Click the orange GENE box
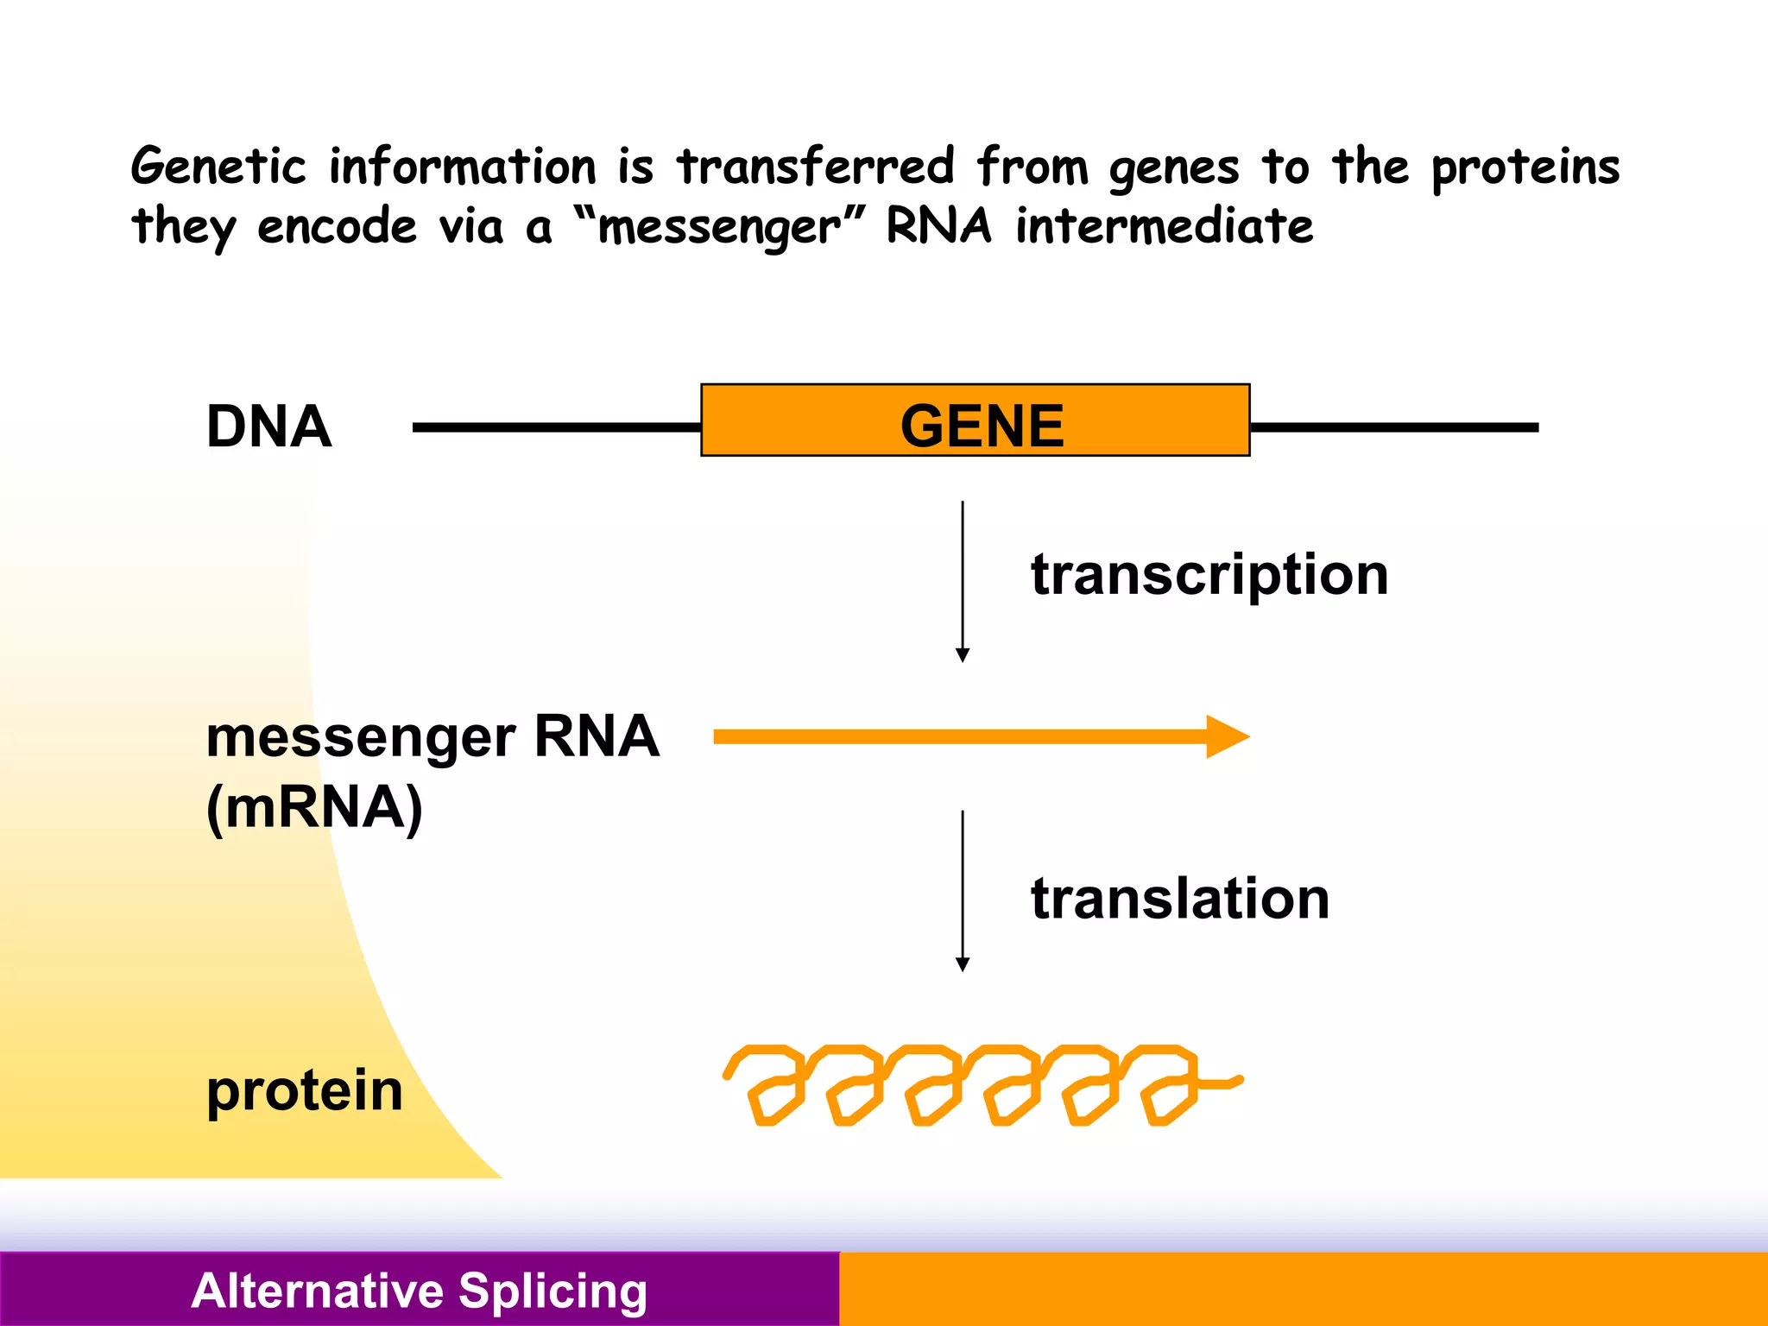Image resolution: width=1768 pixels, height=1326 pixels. (x=975, y=420)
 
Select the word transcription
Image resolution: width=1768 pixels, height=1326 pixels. (x=1209, y=575)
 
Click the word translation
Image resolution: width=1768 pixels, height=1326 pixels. (x=1179, y=899)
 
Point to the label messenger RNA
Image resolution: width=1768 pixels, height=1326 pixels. (x=432, y=737)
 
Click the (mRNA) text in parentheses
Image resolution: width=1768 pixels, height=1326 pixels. (x=314, y=808)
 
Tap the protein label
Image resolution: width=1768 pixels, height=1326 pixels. (x=304, y=1090)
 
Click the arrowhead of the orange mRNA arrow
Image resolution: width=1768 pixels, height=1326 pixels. (x=1226, y=736)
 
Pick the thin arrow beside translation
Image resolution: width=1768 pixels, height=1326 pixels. (x=963, y=889)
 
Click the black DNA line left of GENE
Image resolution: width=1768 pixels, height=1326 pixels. (x=557, y=427)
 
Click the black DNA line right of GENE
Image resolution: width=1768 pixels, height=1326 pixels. (x=1393, y=427)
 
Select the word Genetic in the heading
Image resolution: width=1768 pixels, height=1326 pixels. (x=218, y=167)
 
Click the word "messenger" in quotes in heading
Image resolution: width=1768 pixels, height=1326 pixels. (x=719, y=228)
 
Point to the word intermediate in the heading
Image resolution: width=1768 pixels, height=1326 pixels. (x=1164, y=227)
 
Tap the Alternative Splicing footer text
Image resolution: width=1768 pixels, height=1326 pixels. (x=419, y=1291)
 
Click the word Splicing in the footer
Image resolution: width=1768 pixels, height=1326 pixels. (x=552, y=1291)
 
